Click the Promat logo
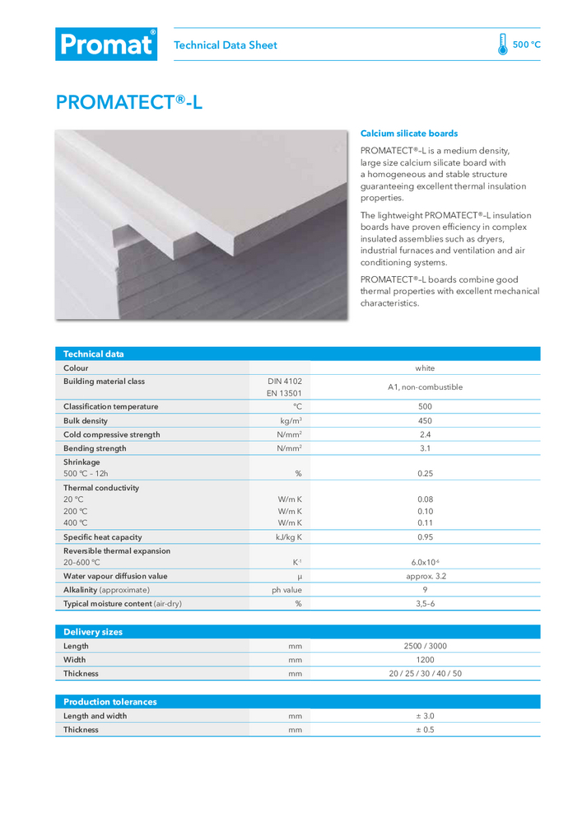(x=105, y=44)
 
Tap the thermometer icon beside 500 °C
(x=502, y=44)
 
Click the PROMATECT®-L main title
(x=128, y=102)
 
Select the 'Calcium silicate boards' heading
(x=409, y=133)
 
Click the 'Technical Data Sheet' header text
(x=226, y=45)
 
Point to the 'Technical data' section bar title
(x=94, y=354)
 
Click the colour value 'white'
(x=425, y=368)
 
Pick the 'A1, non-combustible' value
(x=425, y=387)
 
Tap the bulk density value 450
(x=425, y=421)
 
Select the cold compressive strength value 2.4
(x=425, y=434)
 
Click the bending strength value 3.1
(x=425, y=448)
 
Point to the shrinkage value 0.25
(x=425, y=474)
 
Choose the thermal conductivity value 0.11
(x=425, y=522)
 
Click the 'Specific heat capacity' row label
(x=103, y=537)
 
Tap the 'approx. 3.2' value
(x=425, y=576)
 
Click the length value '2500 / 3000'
(x=425, y=646)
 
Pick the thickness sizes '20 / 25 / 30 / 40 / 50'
(x=425, y=673)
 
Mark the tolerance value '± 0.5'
(x=425, y=729)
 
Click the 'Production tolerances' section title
(x=110, y=702)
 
